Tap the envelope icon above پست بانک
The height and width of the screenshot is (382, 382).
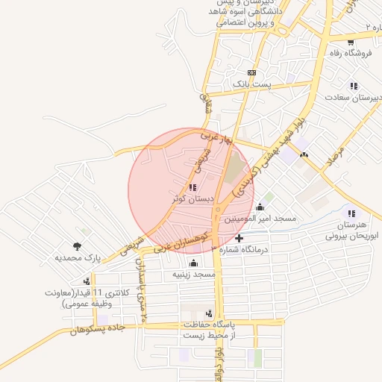(x=251, y=73)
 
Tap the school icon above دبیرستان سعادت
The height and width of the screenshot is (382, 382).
(x=353, y=84)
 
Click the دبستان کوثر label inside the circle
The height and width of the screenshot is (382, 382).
(x=192, y=199)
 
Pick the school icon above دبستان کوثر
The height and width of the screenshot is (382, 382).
(x=192, y=187)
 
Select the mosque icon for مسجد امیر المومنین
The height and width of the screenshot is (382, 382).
(x=260, y=207)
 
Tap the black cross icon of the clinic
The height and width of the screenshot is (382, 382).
(x=239, y=238)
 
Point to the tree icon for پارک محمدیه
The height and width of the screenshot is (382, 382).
(x=77, y=245)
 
